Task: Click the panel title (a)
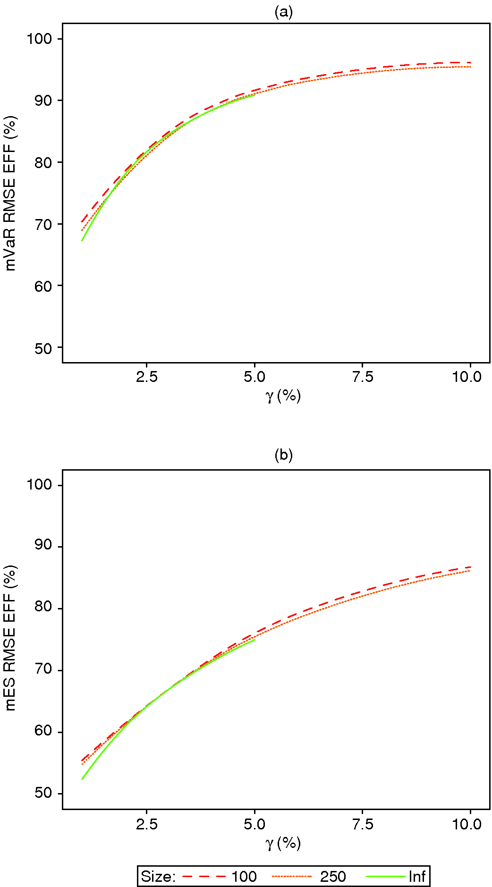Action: (x=283, y=12)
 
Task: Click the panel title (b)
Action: (x=283, y=455)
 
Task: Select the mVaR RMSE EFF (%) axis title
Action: (x=10, y=194)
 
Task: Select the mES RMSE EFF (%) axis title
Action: (x=10, y=638)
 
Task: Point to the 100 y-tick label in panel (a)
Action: (x=39, y=39)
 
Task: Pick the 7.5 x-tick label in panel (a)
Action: (x=362, y=377)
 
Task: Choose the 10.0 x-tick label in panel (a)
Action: (x=467, y=377)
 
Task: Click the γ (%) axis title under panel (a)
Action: (x=283, y=396)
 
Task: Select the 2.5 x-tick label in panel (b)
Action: (x=146, y=824)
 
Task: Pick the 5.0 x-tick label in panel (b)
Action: (x=254, y=824)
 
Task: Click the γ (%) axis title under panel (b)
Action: (x=283, y=843)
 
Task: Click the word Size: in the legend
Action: (x=158, y=877)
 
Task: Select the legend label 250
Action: (x=333, y=877)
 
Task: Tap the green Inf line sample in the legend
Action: (x=386, y=877)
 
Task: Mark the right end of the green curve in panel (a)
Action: (x=255, y=95)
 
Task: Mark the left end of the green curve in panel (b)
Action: (x=82, y=779)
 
